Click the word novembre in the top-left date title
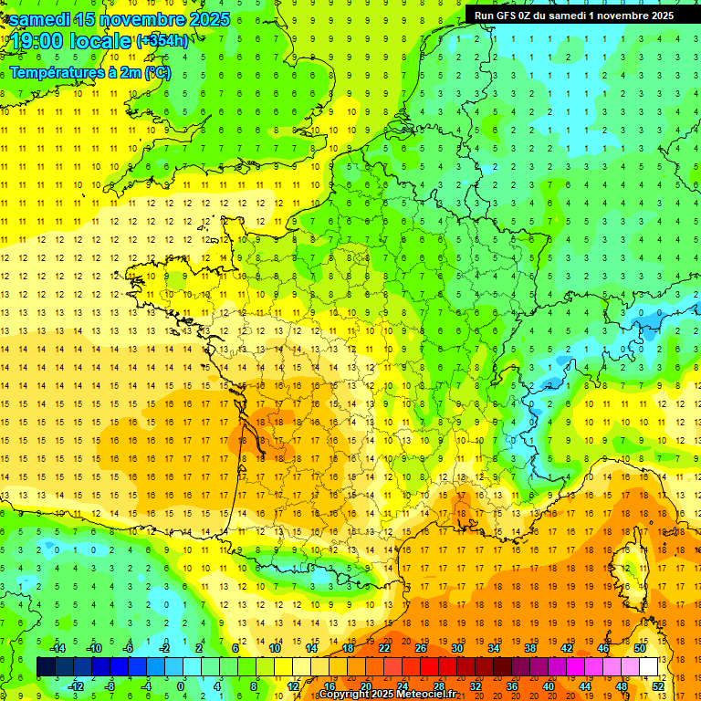pos(120,19)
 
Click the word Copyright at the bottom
pos(350,695)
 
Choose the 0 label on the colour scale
pos(181,686)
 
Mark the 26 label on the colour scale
pos(421,647)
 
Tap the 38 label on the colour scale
pos(529,647)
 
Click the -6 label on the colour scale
pos(128,647)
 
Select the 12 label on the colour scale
pos(294,686)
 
